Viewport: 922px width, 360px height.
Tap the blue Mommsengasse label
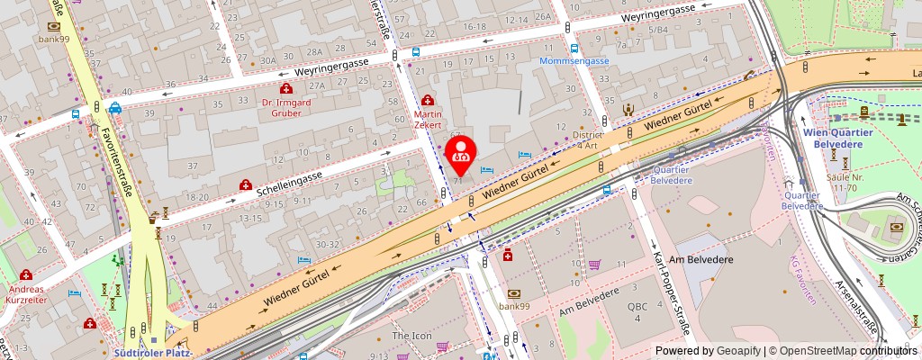tap(575, 61)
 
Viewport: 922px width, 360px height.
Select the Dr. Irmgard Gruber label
tap(286, 107)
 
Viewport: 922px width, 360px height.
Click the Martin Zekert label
tap(428, 121)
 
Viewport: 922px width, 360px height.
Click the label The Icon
tap(411, 336)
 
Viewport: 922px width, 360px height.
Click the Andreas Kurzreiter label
tap(27, 295)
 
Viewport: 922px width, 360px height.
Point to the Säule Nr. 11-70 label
tap(845, 184)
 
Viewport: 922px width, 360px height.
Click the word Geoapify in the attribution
tap(736, 351)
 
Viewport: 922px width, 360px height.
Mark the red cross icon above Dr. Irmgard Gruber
tap(286, 88)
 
